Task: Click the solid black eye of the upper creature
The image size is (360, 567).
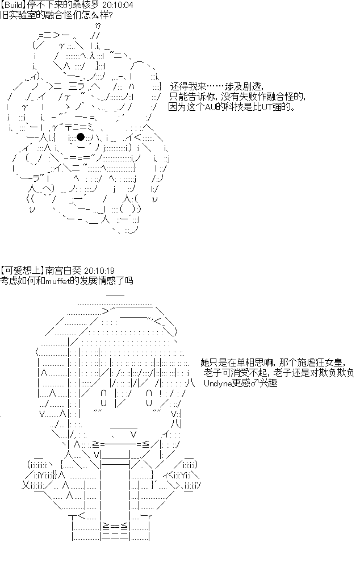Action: pyautogui.click(x=81, y=137)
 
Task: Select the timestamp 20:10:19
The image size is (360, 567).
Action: pyautogui.click(x=99, y=270)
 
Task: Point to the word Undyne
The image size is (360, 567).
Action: pyautogui.click(x=217, y=383)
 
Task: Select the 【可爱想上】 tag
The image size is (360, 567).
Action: pyautogui.click(x=22, y=270)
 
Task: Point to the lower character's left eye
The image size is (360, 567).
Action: pyautogui.click(x=104, y=398)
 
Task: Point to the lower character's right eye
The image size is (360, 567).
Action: pyautogui.click(x=149, y=398)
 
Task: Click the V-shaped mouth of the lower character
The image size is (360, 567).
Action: pyautogui.click(x=133, y=433)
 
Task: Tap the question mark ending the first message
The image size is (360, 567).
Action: pyautogui.click(x=110, y=16)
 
